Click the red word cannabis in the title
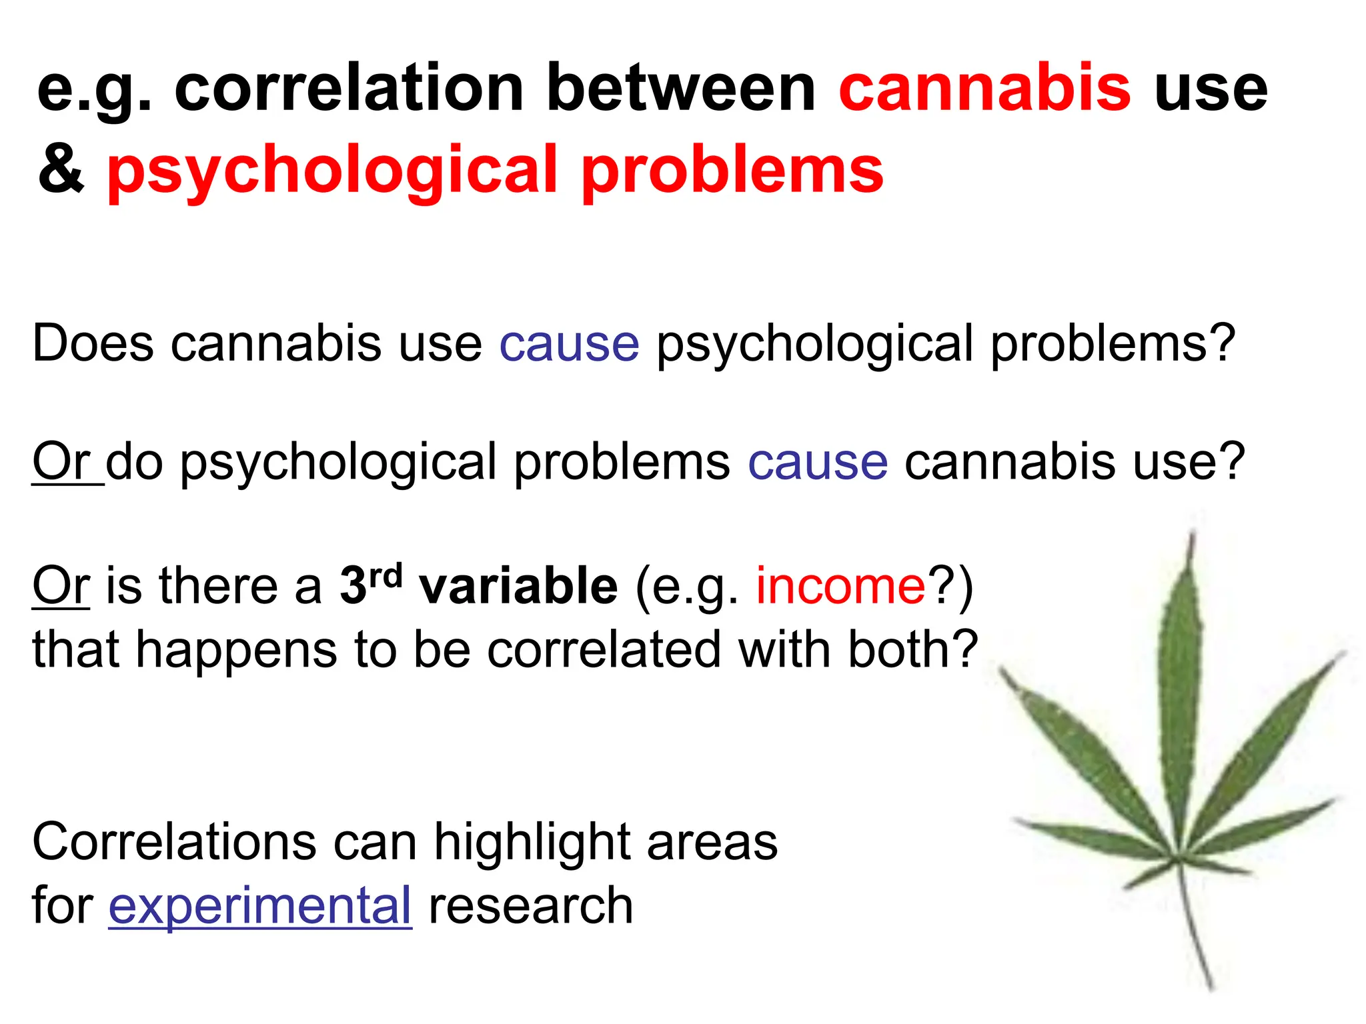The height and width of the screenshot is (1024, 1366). click(984, 89)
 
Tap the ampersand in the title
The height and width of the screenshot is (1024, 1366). click(61, 170)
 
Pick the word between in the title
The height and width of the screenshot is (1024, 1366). click(681, 89)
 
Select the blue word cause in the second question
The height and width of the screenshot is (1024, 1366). click(818, 462)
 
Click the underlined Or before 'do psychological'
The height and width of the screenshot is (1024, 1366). click(62, 461)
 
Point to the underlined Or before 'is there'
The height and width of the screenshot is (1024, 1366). click(61, 585)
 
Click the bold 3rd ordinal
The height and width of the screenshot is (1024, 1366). click(371, 583)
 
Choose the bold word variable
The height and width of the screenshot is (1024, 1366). click(518, 585)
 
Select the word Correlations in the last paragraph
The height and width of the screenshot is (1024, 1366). click(173, 841)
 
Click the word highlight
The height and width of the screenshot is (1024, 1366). click(531, 841)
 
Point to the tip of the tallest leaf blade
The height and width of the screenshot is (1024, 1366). click(1192, 533)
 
